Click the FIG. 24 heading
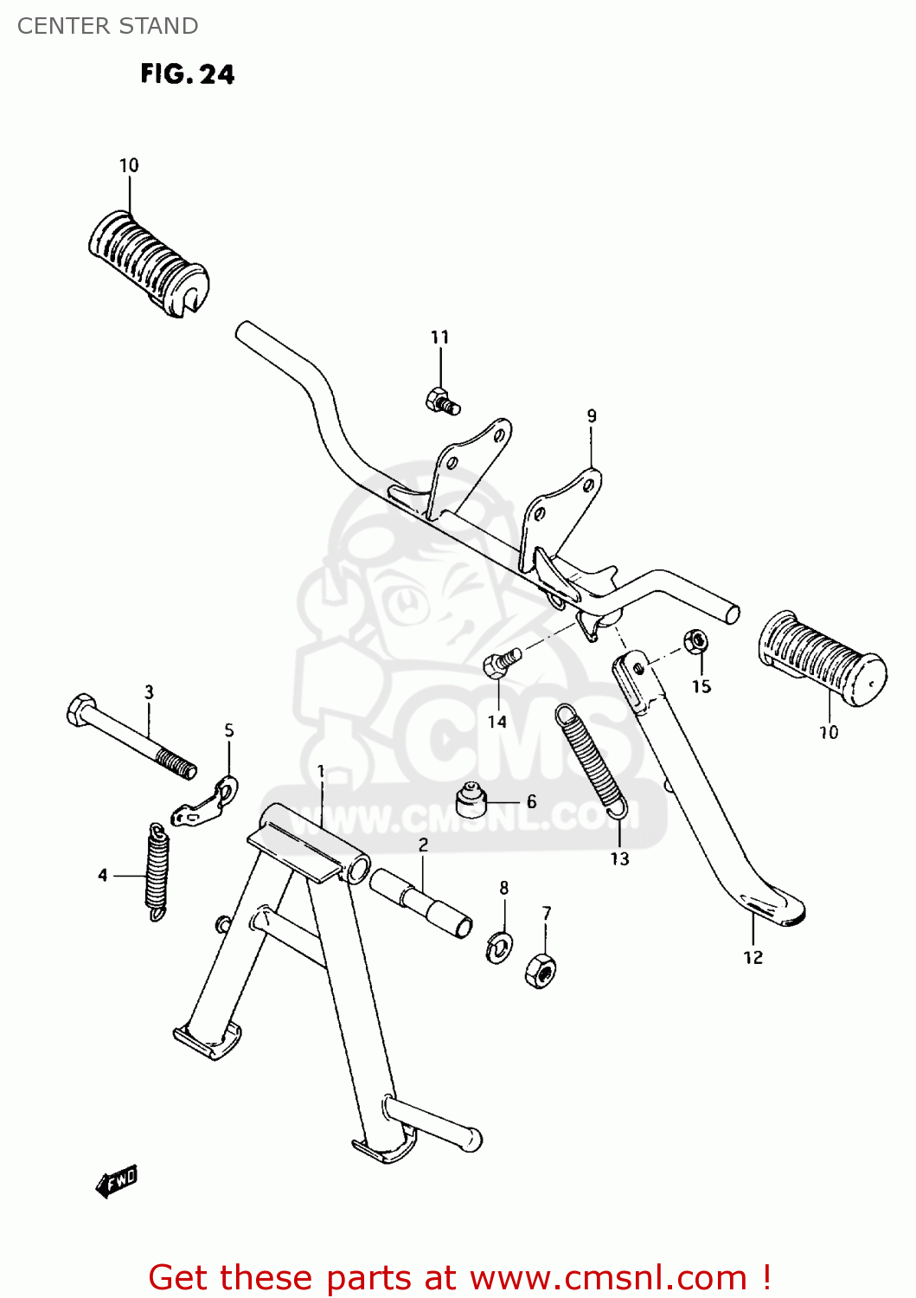pos(187,74)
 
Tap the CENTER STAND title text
pos(107,26)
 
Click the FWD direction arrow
pos(117,1181)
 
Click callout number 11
pos(439,337)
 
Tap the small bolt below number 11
pos(442,402)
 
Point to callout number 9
pos(592,416)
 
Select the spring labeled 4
pos(157,871)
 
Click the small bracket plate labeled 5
pos(205,804)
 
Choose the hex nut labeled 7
pos(540,971)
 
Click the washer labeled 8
pos(499,947)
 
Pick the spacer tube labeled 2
pos(421,903)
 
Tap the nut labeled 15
pos(695,642)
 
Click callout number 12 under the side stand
pos(753,957)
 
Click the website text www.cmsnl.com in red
pos(608,1277)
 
